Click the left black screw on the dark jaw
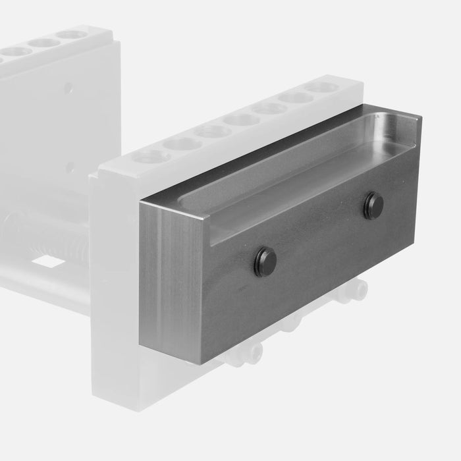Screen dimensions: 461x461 [x=265, y=262]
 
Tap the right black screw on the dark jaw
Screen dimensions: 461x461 [x=373, y=206]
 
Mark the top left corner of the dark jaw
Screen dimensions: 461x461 [x=140, y=202]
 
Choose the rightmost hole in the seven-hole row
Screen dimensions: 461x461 [x=321, y=87]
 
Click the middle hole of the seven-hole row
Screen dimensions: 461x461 [x=241, y=119]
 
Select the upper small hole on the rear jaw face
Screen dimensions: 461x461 [x=68, y=87]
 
